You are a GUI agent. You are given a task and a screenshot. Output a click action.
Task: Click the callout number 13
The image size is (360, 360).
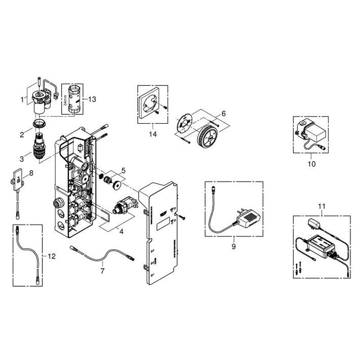click(92, 99)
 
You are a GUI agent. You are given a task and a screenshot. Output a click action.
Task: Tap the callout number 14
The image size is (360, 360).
click(153, 134)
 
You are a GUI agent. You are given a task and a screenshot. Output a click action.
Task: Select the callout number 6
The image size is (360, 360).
click(223, 114)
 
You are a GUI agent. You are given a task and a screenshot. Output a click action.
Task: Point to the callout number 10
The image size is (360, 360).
click(311, 164)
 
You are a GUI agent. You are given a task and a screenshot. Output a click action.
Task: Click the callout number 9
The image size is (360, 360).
click(234, 247)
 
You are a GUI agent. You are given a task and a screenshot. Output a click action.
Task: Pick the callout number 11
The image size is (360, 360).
click(321, 207)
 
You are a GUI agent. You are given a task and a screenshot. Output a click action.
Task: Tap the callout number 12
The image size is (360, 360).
click(52, 256)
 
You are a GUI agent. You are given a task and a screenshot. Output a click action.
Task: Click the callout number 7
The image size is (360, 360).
click(103, 271)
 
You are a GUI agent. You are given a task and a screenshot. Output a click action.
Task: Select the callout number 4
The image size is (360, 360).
click(121, 232)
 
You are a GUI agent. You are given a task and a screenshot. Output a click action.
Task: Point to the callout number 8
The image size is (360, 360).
click(31, 173)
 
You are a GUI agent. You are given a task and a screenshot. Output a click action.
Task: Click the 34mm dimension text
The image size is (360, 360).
click(65, 100)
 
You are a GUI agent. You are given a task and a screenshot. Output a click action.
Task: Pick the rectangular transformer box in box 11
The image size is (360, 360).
click(321, 245)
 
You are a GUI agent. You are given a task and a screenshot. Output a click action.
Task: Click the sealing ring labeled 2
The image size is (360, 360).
click(40, 123)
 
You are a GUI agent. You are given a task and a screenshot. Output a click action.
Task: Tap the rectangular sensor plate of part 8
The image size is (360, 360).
click(18, 179)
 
